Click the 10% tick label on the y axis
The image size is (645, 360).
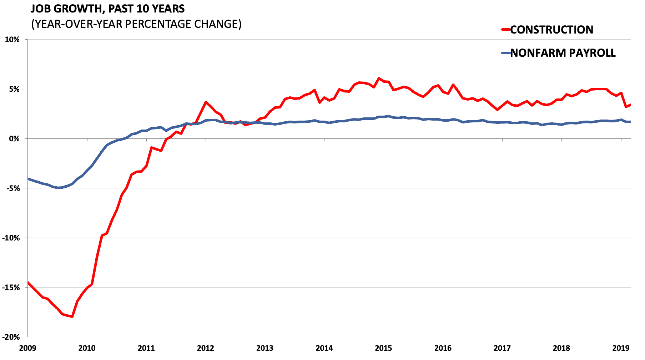pyautogui.click(x=12, y=40)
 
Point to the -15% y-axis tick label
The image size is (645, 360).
pyautogui.click(x=11, y=287)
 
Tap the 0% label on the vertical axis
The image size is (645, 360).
pyautogui.click(x=14, y=138)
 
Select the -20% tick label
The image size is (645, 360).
pyautogui.click(x=11, y=337)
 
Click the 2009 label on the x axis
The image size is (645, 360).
pyautogui.click(x=27, y=348)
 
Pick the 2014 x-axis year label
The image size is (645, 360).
pyautogui.click(x=324, y=348)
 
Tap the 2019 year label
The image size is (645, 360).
pyautogui.click(x=621, y=348)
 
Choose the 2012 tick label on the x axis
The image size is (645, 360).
pyautogui.click(x=206, y=348)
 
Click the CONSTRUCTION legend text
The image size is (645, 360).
pyautogui.click(x=551, y=30)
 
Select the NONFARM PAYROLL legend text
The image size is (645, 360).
pyautogui.click(x=563, y=53)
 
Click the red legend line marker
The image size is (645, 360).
pyautogui.click(x=506, y=30)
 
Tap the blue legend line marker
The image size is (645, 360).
pyautogui.click(x=506, y=53)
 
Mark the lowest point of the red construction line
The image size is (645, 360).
pyautogui.click(x=72, y=316)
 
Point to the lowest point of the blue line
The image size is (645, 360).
pyautogui.click(x=59, y=188)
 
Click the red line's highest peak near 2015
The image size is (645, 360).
pyautogui.click(x=379, y=78)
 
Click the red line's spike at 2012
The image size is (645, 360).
pyautogui.click(x=206, y=102)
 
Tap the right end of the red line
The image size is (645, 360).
pyautogui.click(x=630, y=105)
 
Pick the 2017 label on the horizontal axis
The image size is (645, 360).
pyautogui.click(x=502, y=348)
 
